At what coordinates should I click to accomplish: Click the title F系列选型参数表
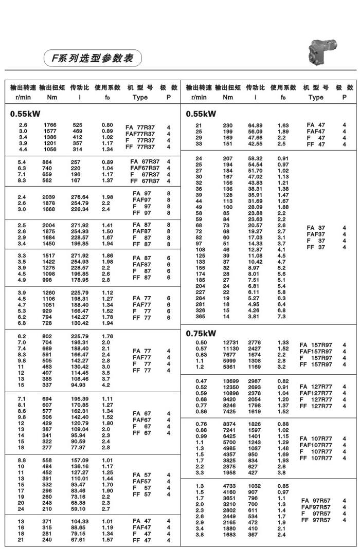[89, 58]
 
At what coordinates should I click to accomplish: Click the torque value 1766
[50, 125]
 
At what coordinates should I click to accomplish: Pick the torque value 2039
[50, 197]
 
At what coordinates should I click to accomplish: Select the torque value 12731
[230, 343]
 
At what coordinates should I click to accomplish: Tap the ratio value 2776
[255, 343]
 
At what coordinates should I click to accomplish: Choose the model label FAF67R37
[145, 168]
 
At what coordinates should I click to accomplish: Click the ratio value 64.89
[255, 125]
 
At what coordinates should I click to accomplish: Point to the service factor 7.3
[282, 316]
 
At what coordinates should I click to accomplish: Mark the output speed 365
[200, 316]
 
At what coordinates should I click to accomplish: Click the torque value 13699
[230, 380]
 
